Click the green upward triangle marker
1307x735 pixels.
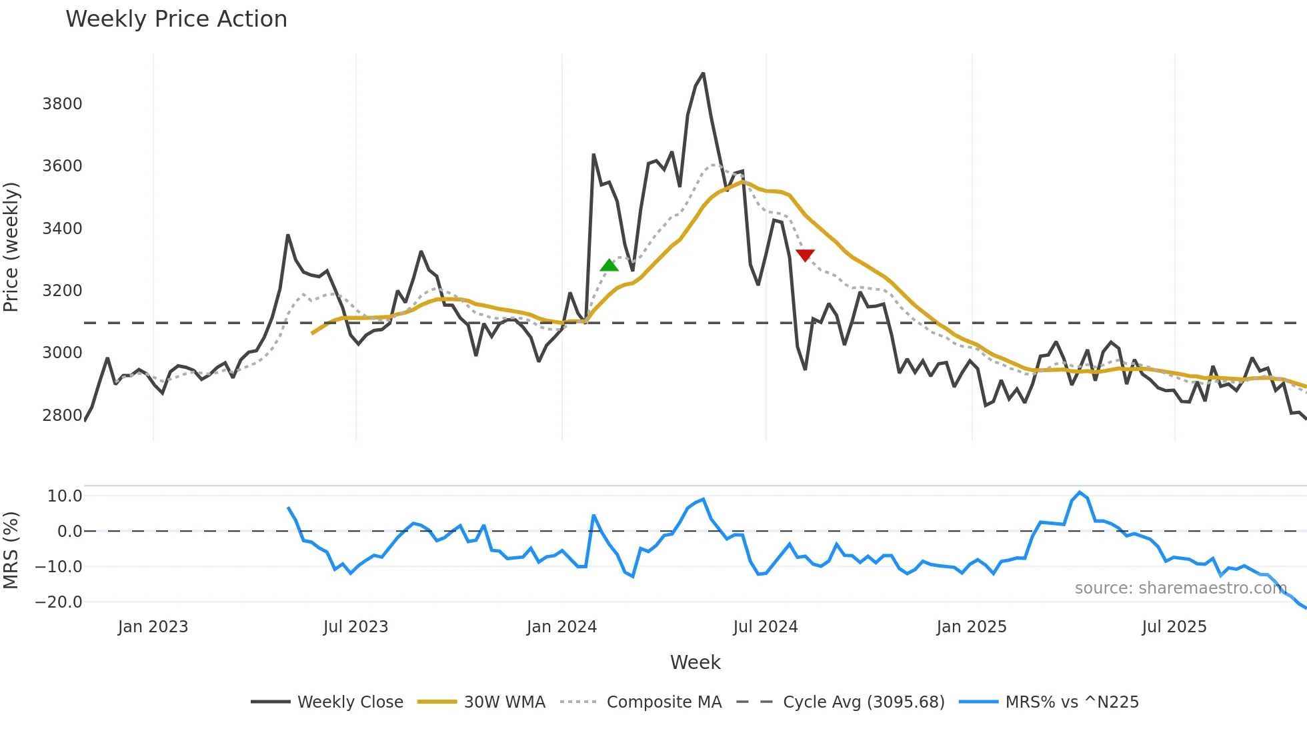point(609,265)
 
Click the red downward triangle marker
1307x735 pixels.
point(805,255)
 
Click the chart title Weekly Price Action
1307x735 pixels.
point(176,19)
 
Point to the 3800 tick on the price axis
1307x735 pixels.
point(62,103)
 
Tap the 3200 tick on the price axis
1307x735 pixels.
point(62,290)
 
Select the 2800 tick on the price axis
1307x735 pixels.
point(62,415)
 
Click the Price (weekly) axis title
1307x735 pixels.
point(11,247)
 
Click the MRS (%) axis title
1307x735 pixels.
point(11,550)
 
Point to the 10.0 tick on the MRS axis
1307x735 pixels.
point(65,496)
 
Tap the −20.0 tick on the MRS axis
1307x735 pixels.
point(59,602)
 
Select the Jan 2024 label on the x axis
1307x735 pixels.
point(561,627)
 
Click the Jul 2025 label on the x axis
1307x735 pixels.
point(1174,627)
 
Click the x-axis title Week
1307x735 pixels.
point(695,662)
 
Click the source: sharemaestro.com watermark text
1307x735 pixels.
point(1180,588)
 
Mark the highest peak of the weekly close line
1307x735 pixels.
point(703,73)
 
